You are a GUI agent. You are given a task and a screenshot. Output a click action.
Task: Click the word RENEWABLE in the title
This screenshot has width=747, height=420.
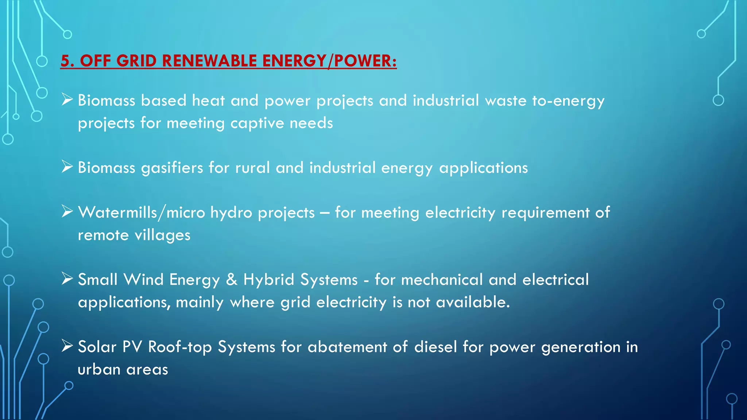tap(209, 61)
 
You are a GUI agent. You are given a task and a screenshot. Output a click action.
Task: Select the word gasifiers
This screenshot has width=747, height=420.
tap(172, 168)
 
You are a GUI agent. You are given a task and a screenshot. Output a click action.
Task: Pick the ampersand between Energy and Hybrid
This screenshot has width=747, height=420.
tap(232, 280)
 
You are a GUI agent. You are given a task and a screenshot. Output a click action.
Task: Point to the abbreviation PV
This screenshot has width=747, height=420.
tap(132, 347)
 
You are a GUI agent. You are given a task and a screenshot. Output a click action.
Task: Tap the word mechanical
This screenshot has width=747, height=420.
tap(442, 280)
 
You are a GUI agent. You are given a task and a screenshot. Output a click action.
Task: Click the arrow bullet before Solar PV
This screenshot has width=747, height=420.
tap(67, 346)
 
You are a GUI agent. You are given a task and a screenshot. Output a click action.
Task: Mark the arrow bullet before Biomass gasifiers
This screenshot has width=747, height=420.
tap(67, 167)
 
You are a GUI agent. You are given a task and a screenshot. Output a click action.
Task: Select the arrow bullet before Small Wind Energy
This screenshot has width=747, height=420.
tap(67, 279)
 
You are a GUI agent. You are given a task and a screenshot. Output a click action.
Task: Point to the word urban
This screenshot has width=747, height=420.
tap(99, 370)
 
